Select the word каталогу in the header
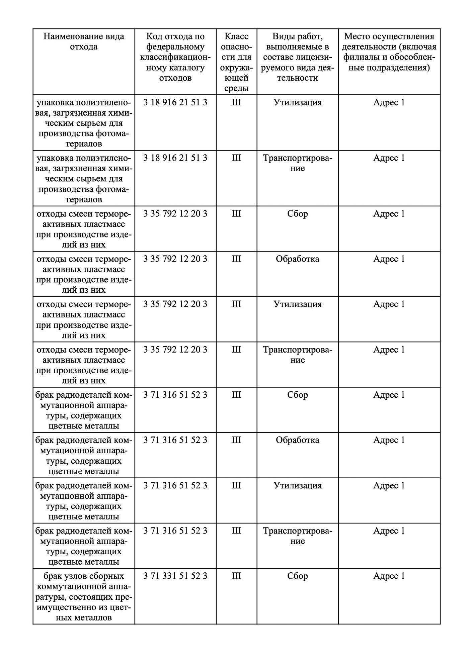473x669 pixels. click(188, 68)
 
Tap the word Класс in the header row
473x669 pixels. click(236, 36)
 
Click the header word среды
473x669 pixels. click(236, 88)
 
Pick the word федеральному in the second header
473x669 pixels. click(175, 47)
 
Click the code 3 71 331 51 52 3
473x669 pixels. click(175, 576)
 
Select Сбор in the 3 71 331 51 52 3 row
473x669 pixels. click(297, 576)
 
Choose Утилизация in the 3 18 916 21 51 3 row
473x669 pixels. click(297, 102)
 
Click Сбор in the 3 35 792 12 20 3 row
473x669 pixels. click(297, 213)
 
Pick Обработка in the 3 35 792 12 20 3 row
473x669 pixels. click(297, 259)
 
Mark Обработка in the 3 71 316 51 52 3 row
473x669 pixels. click(297, 440)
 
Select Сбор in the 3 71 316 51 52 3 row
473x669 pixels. click(297, 395)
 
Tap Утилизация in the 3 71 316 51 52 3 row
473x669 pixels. click(297, 485)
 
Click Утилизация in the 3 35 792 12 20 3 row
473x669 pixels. click(297, 304)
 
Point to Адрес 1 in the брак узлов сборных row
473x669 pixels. click(389, 576)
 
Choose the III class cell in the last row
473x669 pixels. click(236, 576)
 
